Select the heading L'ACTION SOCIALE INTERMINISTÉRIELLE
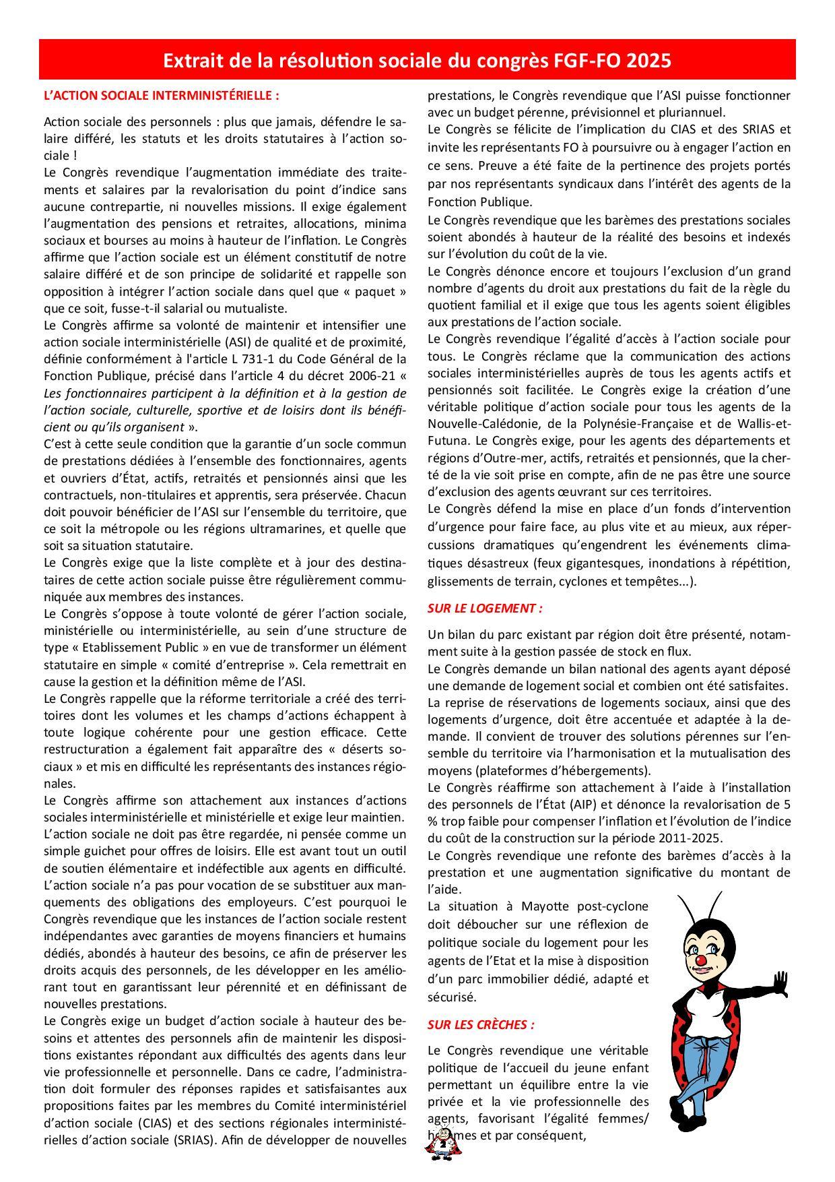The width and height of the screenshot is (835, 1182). (161, 96)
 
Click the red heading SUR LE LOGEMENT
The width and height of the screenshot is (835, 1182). (485, 608)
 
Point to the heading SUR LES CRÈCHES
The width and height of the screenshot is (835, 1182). (481, 1025)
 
